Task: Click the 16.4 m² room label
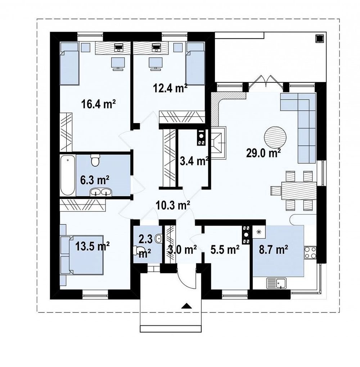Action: coord(99,104)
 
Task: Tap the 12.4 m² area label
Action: coord(170,88)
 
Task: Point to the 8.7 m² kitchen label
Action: coord(273,250)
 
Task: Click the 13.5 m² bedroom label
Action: coord(93,246)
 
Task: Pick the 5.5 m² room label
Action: coord(225,250)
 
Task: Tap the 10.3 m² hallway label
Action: coord(173,205)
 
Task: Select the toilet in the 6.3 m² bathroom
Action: coord(95,160)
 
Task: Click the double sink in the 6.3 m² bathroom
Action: coord(101,192)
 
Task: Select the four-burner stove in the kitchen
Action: coord(310,253)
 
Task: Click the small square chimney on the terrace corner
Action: coord(319,38)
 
